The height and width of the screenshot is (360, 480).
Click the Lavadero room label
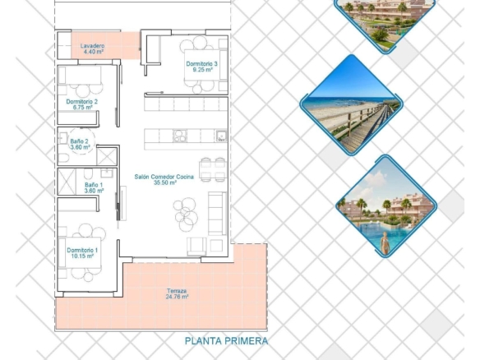tap(92, 46)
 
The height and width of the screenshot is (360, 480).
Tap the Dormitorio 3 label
tap(201, 63)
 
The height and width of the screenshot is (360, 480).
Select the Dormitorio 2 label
tap(81, 101)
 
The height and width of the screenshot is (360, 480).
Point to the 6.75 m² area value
tap(81, 107)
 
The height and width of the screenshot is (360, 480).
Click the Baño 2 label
tap(79, 141)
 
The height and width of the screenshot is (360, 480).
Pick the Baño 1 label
tap(94, 185)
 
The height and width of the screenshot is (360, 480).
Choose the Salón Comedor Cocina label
tap(164, 177)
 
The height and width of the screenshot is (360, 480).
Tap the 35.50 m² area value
tap(165, 182)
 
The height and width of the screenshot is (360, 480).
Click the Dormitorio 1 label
tap(82, 250)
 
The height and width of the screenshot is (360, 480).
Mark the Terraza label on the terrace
tap(177, 291)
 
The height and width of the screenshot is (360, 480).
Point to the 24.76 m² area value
tap(177, 297)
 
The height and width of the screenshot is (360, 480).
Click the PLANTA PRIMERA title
tap(226, 341)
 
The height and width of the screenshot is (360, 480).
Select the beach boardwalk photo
tap(352, 105)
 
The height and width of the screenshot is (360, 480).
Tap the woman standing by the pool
tap(385, 242)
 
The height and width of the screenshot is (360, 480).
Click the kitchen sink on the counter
tap(221, 136)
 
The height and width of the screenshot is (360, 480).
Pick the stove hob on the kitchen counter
tap(180, 136)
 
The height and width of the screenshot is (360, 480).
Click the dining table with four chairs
tap(212, 169)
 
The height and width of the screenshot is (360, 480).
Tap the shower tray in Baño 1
tap(67, 182)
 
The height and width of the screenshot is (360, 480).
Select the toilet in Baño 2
tap(63, 159)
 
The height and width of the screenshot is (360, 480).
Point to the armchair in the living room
tap(196, 246)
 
